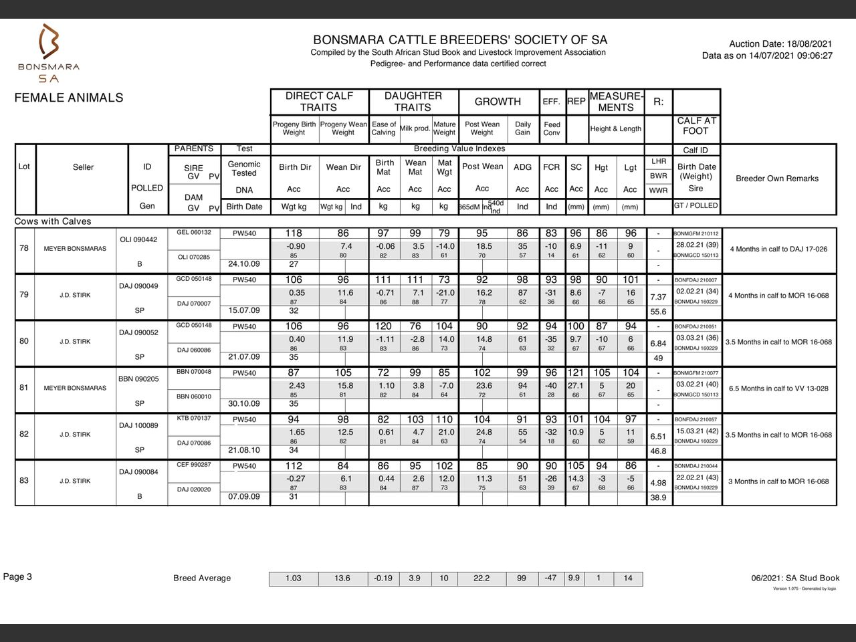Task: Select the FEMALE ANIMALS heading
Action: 69,98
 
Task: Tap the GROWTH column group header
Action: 498,102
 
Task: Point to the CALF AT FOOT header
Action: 696,126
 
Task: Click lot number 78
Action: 24,248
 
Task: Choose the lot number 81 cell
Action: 24,388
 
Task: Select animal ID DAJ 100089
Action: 138,425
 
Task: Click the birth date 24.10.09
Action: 244,263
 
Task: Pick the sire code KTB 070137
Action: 193,419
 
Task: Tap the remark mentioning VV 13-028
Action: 778,389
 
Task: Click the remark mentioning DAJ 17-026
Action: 778,249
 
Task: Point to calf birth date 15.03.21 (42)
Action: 697,431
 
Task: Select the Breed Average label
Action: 202,578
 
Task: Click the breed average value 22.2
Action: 481,578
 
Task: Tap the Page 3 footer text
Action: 17,577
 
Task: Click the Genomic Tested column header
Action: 244,169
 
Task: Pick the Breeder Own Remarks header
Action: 777,179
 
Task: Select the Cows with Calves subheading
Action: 53,221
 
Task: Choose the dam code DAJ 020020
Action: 193,490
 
